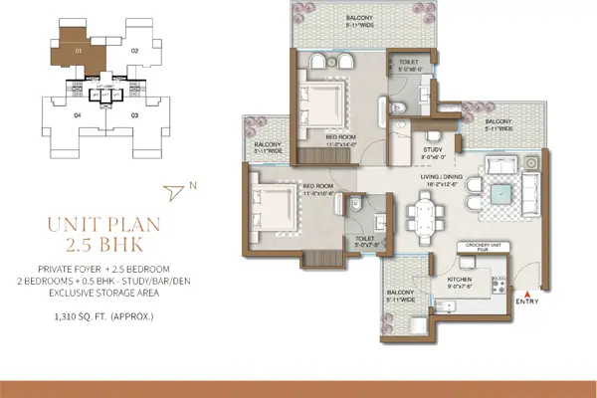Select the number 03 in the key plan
coord(134,115)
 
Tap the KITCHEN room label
coord(459,281)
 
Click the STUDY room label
coord(432,149)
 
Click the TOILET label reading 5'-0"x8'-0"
coord(409,65)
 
